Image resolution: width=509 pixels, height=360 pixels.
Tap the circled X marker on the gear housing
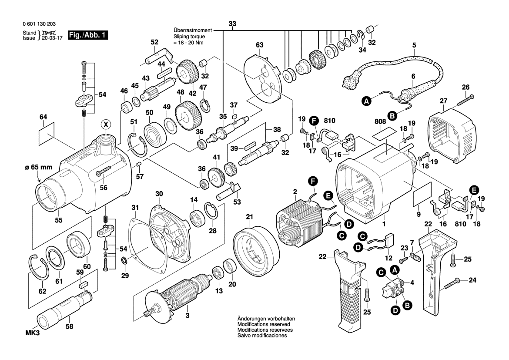(x=105, y=124)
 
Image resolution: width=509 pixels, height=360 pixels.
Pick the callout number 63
(x=260, y=45)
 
